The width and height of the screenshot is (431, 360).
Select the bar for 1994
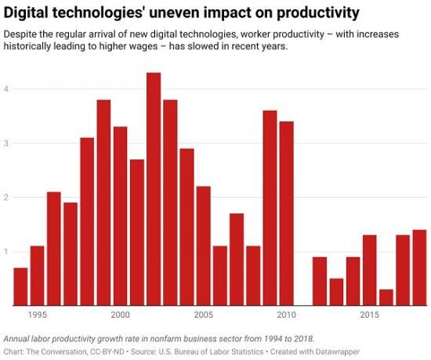tap(20, 286)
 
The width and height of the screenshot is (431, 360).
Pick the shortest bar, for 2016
tap(386, 297)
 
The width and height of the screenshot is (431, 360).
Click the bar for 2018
tap(419, 267)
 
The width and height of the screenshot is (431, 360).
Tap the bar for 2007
tap(237, 259)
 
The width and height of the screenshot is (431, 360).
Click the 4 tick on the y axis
tap(7, 89)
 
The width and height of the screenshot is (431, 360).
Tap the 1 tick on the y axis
tap(7, 252)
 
